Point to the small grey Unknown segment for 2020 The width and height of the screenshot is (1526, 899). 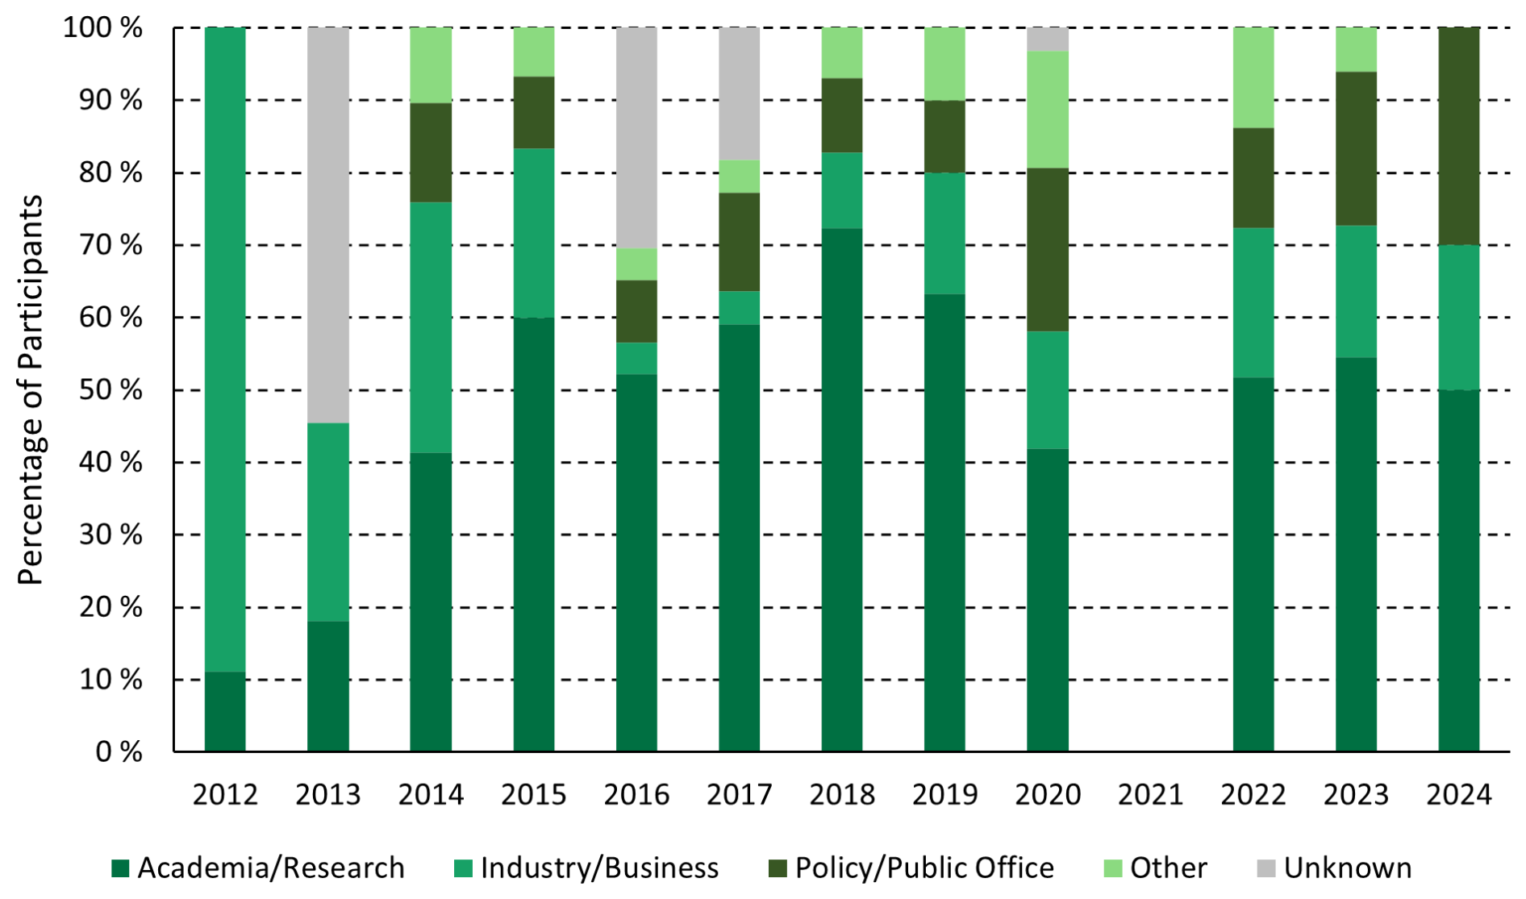click(1048, 39)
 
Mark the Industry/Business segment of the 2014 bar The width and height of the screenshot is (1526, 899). click(431, 327)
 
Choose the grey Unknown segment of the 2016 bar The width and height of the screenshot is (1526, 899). click(636, 137)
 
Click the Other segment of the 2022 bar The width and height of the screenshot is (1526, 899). click(1253, 77)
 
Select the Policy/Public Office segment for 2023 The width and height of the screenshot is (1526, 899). click(1356, 148)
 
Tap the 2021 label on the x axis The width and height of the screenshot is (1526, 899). click(1150, 795)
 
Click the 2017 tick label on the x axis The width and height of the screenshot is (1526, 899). click(739, 795)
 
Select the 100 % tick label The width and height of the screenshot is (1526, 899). click(103, 28)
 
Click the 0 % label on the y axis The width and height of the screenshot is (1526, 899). click(119, 752)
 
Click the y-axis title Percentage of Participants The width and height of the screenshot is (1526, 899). click(31, 389)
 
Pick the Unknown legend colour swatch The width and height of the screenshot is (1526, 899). click(1266, 868)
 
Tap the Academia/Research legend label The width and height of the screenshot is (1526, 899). click(271, 868)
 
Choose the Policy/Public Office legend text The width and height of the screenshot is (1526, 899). click(924, 868)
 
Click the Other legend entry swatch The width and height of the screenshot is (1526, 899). click(1113, 868)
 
